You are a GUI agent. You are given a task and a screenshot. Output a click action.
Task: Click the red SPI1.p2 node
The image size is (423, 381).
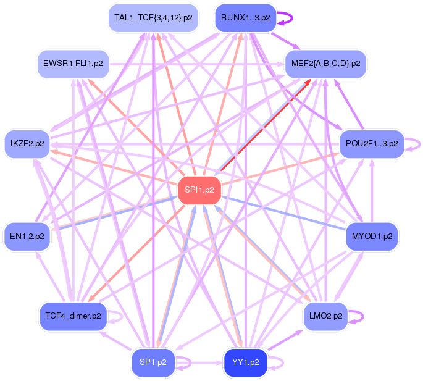199,190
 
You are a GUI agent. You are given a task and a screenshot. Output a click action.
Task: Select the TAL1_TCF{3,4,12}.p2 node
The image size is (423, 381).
153,18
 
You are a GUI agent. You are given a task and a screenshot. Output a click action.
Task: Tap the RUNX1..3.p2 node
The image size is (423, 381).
246,18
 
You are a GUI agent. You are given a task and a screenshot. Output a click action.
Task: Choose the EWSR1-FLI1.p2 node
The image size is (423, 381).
73,64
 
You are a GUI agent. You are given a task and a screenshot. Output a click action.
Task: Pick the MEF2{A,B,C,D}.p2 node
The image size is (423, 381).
325,64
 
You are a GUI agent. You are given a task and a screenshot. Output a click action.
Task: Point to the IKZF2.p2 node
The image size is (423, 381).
27,144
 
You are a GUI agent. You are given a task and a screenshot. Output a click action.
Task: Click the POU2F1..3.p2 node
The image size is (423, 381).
372,144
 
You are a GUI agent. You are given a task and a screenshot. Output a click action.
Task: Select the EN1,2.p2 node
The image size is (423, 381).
27,237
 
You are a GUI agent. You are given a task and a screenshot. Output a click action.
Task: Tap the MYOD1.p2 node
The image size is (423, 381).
372,237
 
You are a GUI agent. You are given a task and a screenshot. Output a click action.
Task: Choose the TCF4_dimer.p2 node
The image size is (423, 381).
73,316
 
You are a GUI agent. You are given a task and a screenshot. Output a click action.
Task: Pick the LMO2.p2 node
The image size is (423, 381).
325,316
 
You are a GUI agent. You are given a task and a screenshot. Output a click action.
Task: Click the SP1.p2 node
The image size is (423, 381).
153,362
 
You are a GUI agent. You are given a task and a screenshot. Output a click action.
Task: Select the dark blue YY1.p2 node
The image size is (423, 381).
246,362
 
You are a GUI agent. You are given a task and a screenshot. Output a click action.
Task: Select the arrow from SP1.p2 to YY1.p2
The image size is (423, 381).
199,362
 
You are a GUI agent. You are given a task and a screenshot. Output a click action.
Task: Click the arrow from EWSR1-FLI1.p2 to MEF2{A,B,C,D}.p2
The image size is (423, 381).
197,64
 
